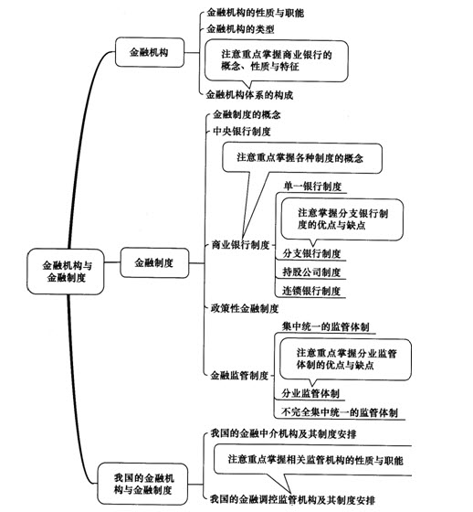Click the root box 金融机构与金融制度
(x=66, y=272)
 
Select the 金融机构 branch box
(x=150, y=52)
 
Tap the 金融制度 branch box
(x=154, y=263)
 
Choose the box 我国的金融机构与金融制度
(x=142, y=484)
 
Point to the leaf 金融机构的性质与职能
(x=256, y=13)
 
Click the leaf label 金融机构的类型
(x=240, y=29)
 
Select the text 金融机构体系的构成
(x=249, y=95)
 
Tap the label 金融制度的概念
(x=247, y=114)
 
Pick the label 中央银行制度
(x=242, y=132)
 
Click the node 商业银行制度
(x=241, y=245)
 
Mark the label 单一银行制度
(x=312, y=187)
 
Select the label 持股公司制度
(x=311, y=272)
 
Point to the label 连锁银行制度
(x=311, y=291)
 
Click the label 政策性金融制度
(x=245, y=309)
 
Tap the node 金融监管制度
(x=239, y=376)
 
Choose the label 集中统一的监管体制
(x=326, y=327)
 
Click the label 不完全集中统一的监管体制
(x=340, y=412)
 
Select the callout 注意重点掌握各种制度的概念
(x=302, y=158)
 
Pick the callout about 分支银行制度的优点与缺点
(x=342, y=219)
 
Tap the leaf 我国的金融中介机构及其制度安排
(x=283, y=433)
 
